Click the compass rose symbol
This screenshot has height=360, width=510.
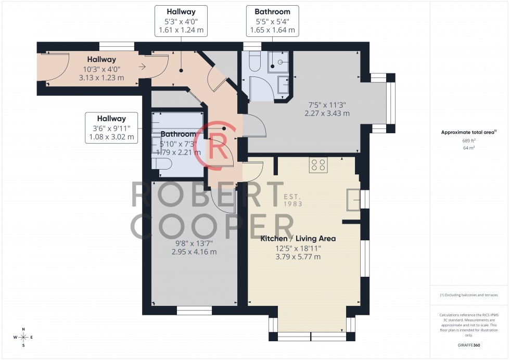tap(23, 338)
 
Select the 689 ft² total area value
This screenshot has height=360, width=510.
tap(469, 140)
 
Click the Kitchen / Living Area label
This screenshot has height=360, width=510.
tap(298, 239)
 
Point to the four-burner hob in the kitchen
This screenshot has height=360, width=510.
tap(318, 165)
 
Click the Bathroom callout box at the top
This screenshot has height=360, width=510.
tap(272, 21)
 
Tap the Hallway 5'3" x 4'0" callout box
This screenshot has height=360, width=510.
tap(181, 21)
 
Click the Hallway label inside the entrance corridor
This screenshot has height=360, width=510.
tap(101, 60)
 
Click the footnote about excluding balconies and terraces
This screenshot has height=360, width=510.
tap(469, 295)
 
